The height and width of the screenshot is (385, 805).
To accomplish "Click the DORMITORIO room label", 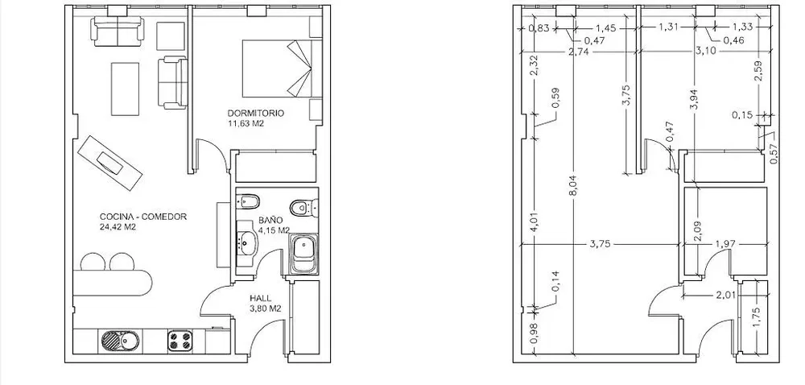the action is (x=256, y=113).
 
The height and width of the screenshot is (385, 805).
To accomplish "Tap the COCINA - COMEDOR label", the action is (x=143, y=217).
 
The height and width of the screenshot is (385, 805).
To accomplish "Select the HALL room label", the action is (x=260, y=298).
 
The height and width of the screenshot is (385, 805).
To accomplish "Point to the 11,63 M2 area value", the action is (x=246, y=123).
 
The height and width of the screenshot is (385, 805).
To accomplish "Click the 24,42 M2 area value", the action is (x=118, y=226).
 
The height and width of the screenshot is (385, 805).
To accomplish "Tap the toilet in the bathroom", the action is (x=303, y=207).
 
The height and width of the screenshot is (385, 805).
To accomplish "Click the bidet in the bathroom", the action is (x=250, y=201).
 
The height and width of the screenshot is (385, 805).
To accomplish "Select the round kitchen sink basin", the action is (x=110, y=341).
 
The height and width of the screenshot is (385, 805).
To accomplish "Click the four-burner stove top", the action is (x=180, y=341).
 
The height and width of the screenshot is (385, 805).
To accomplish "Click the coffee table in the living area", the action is (x=126, y=89).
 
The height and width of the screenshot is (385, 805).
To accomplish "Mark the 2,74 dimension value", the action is (x=578, y=52).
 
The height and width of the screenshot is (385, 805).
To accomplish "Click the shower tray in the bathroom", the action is (x=304, y=254).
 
